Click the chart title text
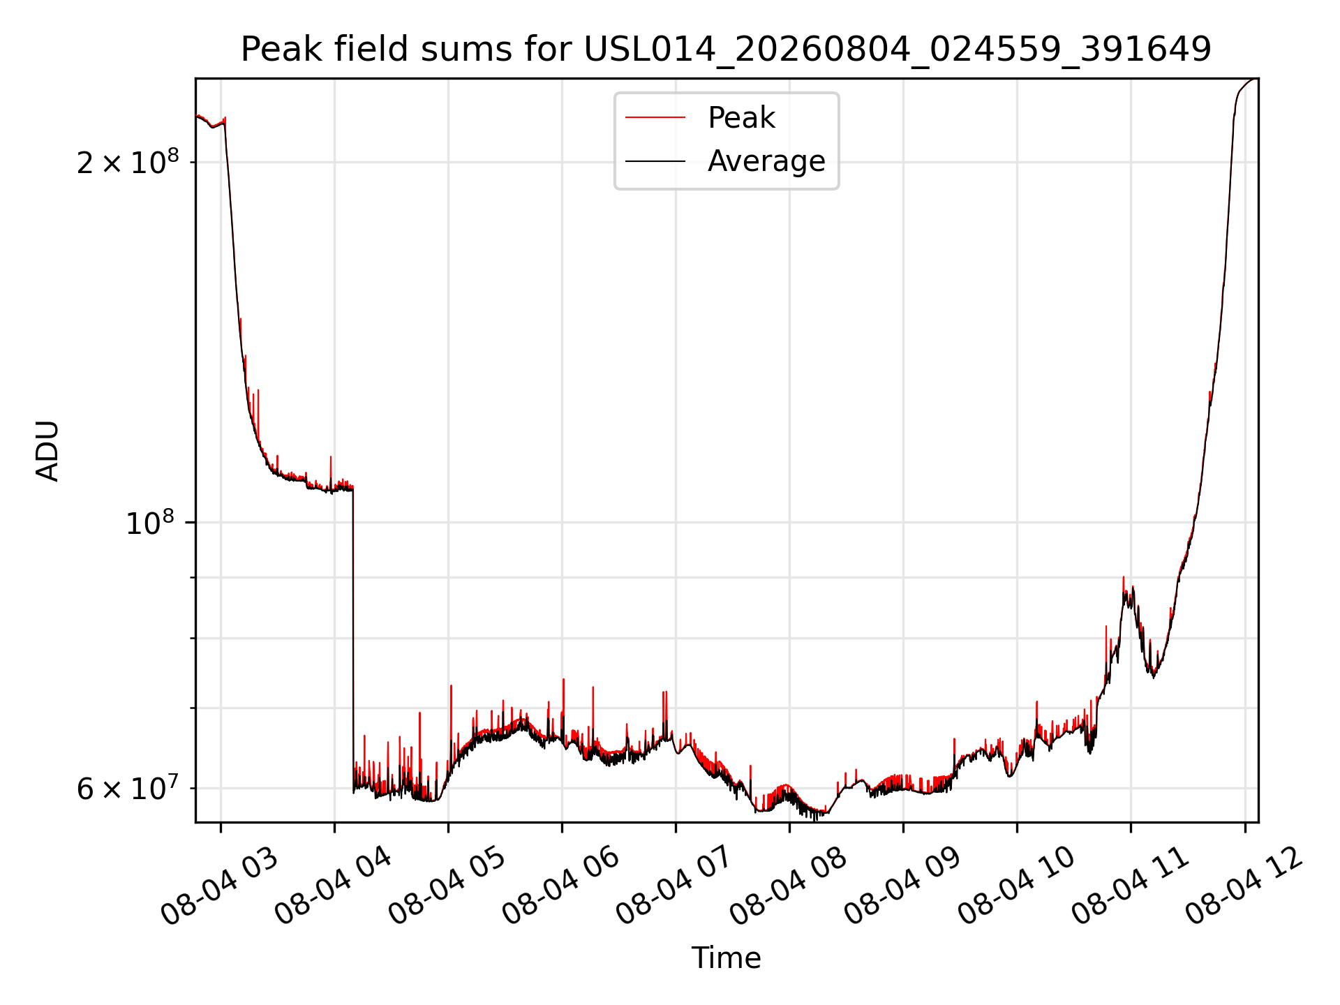(x=726, y=50)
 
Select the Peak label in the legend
(x=741, y=118)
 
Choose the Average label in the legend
(x=766, y=161)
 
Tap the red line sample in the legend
(x=655, y=118)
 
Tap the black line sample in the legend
(x=655, y=161)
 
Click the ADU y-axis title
(x=47, y=451)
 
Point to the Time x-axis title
(x=726, y=958)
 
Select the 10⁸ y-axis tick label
(x=149, y=522)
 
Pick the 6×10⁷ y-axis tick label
(x=128, y=789)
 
